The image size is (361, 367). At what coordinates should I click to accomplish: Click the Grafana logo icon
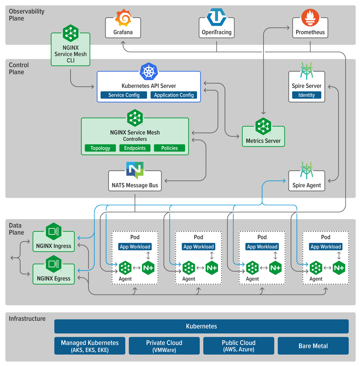(123, 18)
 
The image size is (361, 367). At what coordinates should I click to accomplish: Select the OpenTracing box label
(217, 32)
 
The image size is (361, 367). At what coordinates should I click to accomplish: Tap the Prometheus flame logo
(310, 17)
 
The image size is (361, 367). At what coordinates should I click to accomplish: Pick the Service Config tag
(124, 95)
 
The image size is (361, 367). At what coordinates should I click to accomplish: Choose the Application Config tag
(174, 95)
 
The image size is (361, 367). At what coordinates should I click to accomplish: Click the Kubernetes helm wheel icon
(149, 72)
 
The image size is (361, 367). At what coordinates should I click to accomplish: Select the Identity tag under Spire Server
(307, 95)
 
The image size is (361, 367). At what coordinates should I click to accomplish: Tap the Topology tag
(100, 148)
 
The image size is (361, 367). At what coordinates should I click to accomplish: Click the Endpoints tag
(135, 148)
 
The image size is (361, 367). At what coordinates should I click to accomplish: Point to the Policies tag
(169, 148)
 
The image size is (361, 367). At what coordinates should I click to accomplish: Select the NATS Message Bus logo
(135, 170)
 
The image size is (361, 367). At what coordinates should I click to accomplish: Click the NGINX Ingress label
(54, 246)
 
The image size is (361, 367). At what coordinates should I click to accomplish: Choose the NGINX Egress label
(54, 279)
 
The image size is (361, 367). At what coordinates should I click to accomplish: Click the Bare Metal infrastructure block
(313, 346)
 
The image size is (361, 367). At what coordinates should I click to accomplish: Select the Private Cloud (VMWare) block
(164, 346)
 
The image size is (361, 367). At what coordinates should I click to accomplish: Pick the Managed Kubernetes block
(90, 346)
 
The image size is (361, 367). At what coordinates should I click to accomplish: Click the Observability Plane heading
(26, 15)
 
